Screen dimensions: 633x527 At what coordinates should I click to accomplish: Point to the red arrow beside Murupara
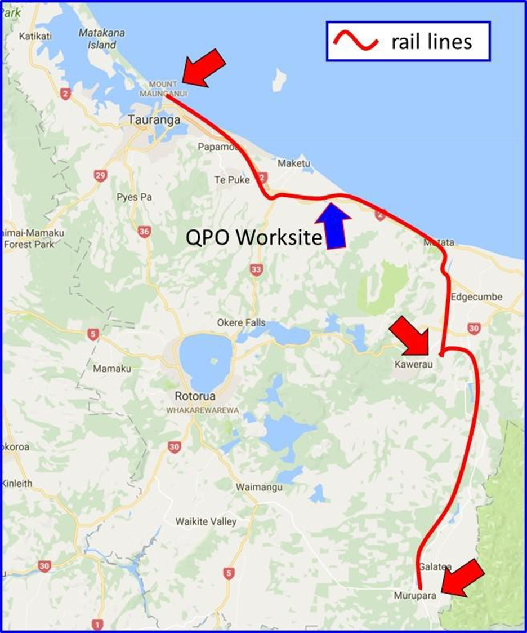[x=463, y=578]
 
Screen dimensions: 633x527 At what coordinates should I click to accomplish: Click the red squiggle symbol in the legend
[x=355, y=41]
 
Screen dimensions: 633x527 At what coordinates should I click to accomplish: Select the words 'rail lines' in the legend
[x=431, y=41]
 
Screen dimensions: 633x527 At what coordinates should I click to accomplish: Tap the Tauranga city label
[x=154, y=119]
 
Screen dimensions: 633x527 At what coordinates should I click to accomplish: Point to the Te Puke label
[x=228, y=180]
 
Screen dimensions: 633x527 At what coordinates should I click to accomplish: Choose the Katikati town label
[x=35, y=36]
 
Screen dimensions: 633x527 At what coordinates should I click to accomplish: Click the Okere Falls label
[x=242, y=323]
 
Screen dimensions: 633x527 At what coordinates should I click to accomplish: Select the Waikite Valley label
[x=206, y=521]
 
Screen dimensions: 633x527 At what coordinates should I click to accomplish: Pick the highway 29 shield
[x=101, y=176]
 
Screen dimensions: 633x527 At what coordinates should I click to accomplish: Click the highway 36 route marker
[x=144, y=232]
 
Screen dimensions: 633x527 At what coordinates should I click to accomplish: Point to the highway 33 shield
[x=257, y=271]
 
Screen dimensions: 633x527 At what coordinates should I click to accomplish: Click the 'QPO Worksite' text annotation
[x=254, y=238]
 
